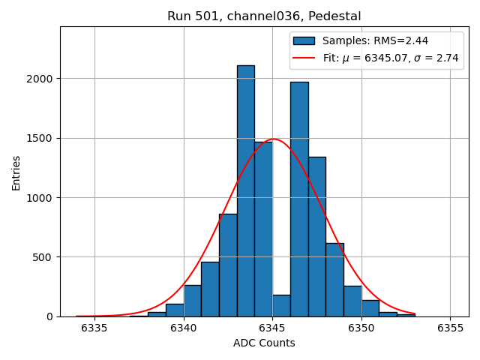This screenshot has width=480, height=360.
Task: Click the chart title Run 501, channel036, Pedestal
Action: click(x=264, y=16)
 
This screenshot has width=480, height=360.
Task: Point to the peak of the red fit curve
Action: click(x=274, y=139)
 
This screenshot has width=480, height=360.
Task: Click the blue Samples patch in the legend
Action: click(x=304, y=40)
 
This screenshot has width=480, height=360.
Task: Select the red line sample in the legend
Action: click(x=304, y=58)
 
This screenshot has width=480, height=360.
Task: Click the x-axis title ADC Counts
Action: click(x=264, y=343)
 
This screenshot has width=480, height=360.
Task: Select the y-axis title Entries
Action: click(x=16, y=172)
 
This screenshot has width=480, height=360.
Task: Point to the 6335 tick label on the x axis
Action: click(x=94, y=328)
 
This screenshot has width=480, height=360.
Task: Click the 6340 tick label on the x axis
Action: click(x=184, y=328)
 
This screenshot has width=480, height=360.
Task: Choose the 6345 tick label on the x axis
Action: click(x=272, y=328)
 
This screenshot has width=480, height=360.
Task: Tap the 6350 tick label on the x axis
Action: click(x=361, y=328)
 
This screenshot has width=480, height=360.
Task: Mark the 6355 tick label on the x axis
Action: click(x=450, y=328)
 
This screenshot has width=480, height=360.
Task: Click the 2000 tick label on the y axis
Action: click(x=41, y=79)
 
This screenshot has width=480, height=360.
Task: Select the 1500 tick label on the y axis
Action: click(x=41, y=138)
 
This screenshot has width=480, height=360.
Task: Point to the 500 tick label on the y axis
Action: click(x=45, y=257)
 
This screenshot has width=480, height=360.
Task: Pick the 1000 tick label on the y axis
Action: click(x=41, y=198)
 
